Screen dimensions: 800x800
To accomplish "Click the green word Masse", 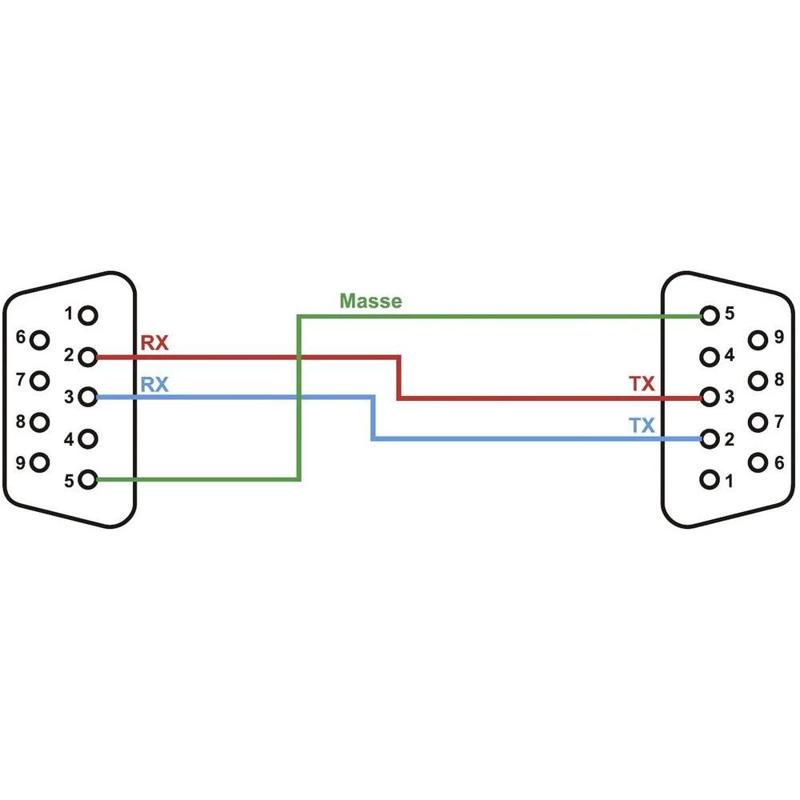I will (x=370, y=302).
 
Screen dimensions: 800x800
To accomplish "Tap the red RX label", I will (x=154, y=344).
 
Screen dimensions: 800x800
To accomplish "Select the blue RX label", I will (x=154, y=385).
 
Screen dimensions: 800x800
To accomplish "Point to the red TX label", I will (x=642, y=385).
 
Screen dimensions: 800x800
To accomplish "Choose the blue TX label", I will (x=642, y=426).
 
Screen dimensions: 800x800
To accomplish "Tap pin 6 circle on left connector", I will (x=40, y=339).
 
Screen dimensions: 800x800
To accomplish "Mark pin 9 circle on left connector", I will (x=40, y=462).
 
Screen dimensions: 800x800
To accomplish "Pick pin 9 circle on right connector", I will (x=757, y=339).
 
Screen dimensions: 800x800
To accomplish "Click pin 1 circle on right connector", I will (x=708, y=480).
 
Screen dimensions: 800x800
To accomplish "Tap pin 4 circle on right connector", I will (x=708, y=356).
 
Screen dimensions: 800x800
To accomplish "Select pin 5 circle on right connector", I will (x=708, y=315).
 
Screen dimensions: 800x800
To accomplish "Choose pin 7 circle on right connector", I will (x=757, y=422).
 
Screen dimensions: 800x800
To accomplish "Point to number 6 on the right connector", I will (x=778, y=462).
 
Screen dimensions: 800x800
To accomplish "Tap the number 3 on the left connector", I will (x=70, y=396).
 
